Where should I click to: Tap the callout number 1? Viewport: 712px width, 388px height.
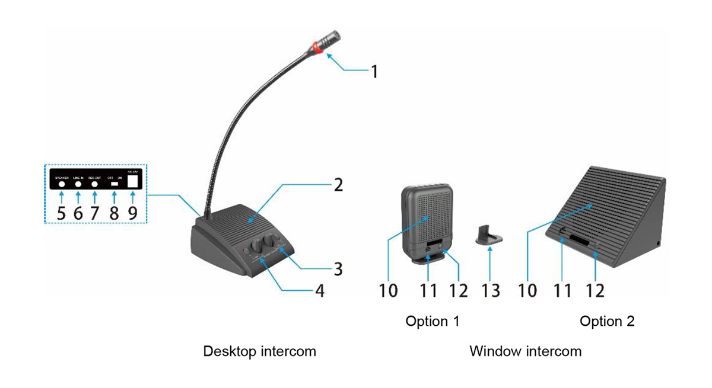(x=374, y=72)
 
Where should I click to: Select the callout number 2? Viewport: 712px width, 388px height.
(x=338, y=185)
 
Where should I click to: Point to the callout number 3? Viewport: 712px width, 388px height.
(x=338, y=269)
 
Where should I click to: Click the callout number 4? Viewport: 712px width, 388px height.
(x=319, y=292)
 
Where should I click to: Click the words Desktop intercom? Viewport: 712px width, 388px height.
(x=259, y=351)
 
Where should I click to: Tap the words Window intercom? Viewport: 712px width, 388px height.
(x=525, y=351)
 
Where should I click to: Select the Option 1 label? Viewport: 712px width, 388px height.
(x=433, y=321)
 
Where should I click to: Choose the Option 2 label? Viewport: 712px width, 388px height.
(x=607, y=321)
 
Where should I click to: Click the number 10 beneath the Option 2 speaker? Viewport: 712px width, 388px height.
(x=527, y=290)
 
